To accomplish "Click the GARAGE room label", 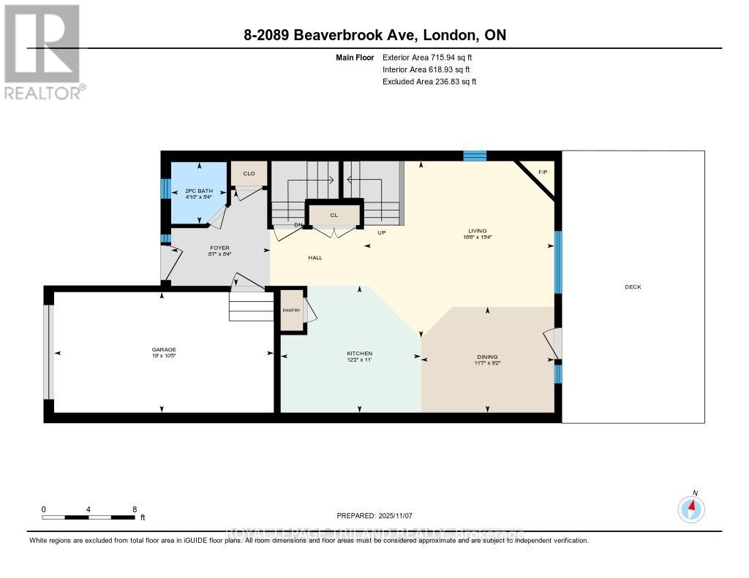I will point(164,349).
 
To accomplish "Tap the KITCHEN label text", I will point(359,354).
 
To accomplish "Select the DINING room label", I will point(487,357).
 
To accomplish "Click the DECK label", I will point(633,286).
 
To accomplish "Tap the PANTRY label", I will point(291,311).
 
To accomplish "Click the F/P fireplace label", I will point(543,172).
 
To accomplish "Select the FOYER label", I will point(219,248).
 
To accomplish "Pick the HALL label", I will point(315,257).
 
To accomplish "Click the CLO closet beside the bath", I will point(249,173).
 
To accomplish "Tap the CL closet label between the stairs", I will point(334,215).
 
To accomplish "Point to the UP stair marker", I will point(381,233).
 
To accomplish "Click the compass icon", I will point(691,508).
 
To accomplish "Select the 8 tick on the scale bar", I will point(134,509).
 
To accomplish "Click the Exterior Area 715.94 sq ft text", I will point(433,57).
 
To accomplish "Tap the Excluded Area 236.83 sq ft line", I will point(429,82).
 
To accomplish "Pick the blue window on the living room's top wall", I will point(475,155).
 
